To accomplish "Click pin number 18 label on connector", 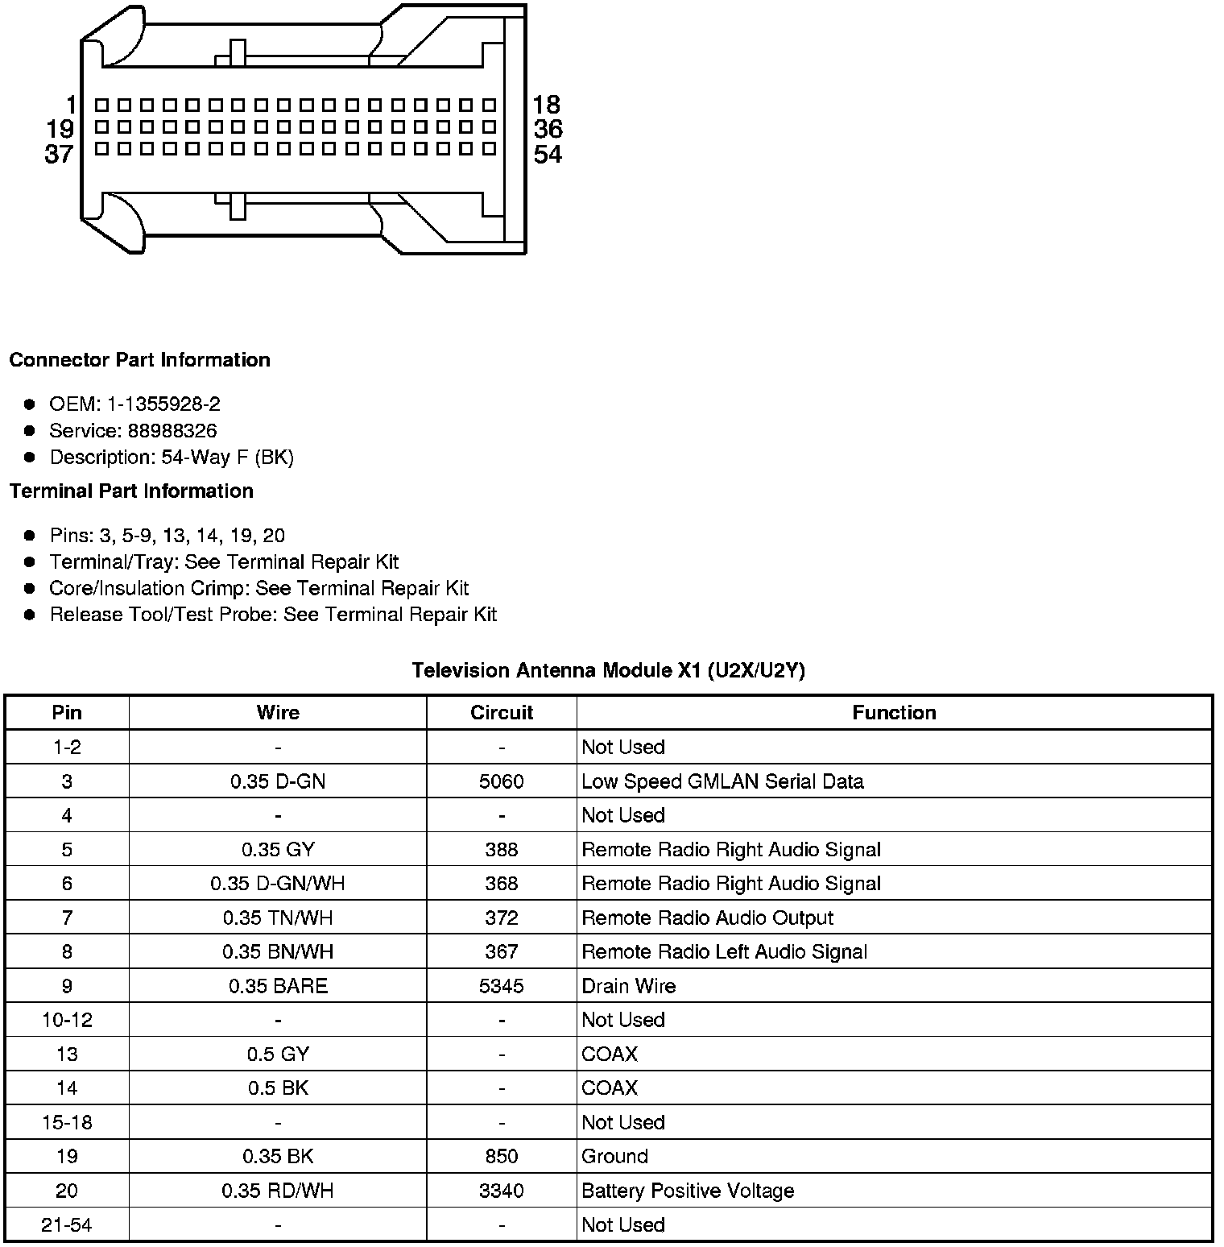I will [546, 105].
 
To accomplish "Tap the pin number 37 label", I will [59, 154].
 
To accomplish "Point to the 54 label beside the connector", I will [548, 154].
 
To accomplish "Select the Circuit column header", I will [502, 712].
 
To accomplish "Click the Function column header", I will [894, 712].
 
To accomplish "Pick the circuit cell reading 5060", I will [502, 781].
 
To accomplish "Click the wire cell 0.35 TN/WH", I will [278, 918].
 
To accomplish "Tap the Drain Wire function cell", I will [628, 986].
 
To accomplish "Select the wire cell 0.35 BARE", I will [278, 986].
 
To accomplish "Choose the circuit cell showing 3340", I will [502, 1191].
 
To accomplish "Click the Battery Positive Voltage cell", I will [688, 1191].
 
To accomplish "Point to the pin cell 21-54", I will [67, 1225].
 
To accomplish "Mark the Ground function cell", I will [614, 1157].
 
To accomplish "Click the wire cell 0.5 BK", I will [278, 1088].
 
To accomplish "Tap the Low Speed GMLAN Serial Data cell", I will [722, 781].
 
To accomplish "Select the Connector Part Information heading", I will [139, 360].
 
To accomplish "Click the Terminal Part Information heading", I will [131, 491].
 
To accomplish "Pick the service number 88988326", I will [172, 431].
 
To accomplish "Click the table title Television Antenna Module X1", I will [608, 670].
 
